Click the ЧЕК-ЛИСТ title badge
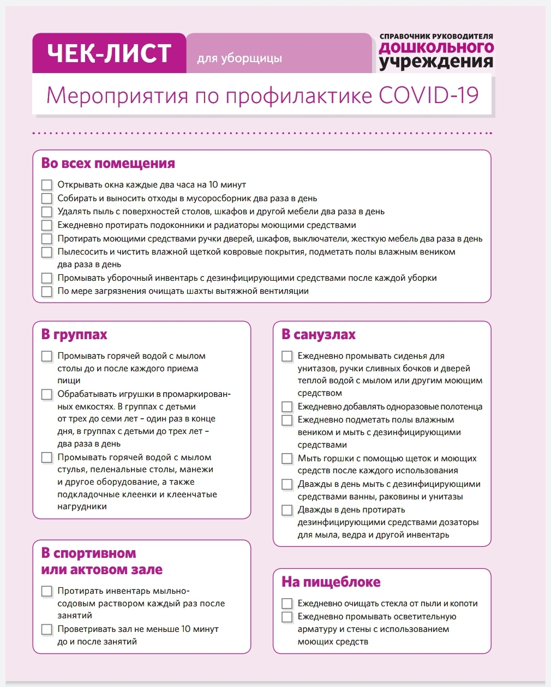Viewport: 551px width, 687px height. coord(109,53)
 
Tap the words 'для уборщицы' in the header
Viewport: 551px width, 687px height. coord(239,58)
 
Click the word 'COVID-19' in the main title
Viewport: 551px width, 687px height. coord(428,95)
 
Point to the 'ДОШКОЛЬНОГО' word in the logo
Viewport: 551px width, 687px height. coord(436,48)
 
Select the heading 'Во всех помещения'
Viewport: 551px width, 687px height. coord(108,163)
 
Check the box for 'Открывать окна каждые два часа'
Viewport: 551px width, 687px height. coord(47,185)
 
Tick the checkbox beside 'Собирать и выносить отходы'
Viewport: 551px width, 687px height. coord(47,198)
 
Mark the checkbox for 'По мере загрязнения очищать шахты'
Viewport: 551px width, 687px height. coord(47,291)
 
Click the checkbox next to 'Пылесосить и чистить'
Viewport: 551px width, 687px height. coord(47,252)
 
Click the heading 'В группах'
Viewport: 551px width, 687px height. coord(74,334)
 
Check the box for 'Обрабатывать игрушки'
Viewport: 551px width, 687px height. coord(47,394)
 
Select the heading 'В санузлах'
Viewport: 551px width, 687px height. coord(319,334)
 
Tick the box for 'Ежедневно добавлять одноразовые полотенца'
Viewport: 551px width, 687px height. coord(287,407)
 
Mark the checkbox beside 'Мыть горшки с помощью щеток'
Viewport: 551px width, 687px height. coord(287,459)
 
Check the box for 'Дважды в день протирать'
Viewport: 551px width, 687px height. coord(287,510)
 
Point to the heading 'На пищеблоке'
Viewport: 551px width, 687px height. coord(331,582)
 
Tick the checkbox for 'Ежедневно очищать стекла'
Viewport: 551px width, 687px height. coord(287,604)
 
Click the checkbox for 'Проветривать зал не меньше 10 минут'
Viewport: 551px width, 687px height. coord(47,629)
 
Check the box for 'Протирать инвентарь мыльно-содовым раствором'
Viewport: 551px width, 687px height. coord(47,591)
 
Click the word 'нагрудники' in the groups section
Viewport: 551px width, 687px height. coord(82,507)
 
